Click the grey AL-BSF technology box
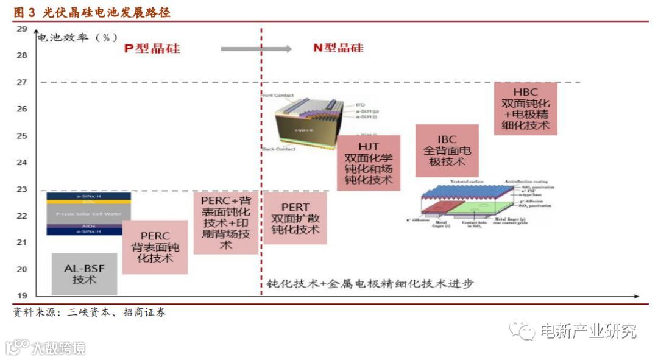click(85, 274)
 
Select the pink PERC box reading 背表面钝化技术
click(155, 247)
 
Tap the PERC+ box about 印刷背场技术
click(225, 223)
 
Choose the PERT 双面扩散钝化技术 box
click(295, 218)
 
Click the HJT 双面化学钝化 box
click(368, 163)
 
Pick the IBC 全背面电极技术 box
click(447, 150)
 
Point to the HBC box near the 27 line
click(525, 108)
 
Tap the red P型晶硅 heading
click(152, 48)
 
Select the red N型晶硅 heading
click(338, 48)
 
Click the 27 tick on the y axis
click(22, 82)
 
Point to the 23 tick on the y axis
click(22, 189)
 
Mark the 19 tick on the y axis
click(22, 296)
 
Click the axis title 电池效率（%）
click(77, 37)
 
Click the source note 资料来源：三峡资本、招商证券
click(90, 312)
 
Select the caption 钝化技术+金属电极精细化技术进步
click(370, 284)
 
